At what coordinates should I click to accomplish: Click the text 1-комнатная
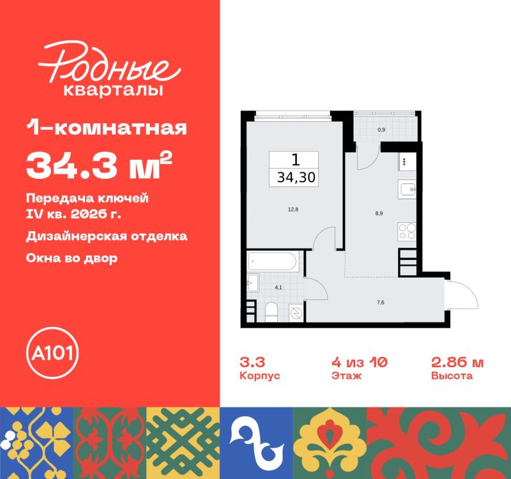tap(107, 130)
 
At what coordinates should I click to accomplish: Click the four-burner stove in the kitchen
tap(407, 231)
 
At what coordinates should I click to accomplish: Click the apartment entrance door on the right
tap(461, 297)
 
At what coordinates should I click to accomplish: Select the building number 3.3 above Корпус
tap(252, 362)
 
